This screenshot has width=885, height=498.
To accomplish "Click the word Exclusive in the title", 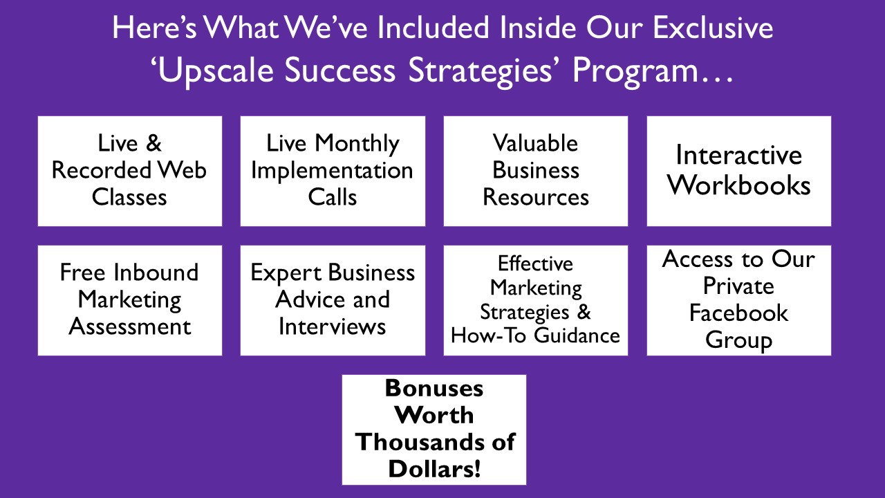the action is [x=713, y=28].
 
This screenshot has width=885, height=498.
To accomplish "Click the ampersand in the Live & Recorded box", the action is [x=153, y=143].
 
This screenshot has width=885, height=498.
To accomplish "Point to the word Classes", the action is [x=129, y=197].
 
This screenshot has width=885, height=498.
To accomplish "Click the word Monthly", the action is [x=357, y=144].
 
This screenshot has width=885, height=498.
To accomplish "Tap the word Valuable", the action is [x=535, y=142].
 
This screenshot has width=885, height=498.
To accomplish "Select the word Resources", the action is [x=536, y=197].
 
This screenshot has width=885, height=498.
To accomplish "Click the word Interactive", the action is [x=739, y=155].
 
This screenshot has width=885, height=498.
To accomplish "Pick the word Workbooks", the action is [x=739, y=185].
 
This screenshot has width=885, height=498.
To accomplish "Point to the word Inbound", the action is [x=156, y=273].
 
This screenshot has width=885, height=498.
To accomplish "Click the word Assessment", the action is [x=129, y=326].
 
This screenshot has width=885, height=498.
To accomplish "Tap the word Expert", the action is [x=286, y=273].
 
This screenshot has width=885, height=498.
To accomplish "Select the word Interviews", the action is [x=333, y=326].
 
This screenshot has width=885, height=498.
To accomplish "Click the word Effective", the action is [x=535, y=264].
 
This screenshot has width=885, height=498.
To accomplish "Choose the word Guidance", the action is [x=577, y=335].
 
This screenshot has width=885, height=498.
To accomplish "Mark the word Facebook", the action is [x=739, y=313].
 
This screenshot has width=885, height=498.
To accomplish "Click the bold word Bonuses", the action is [x=434, y=388].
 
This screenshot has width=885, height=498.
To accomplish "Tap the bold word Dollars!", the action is [x=434, y=469].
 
